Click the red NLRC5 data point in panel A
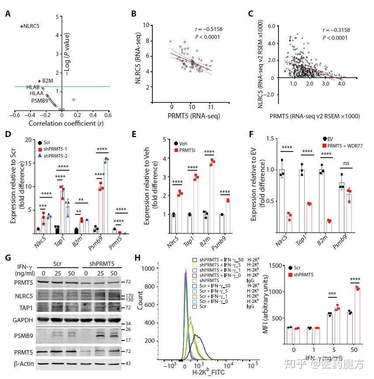[x=21, y=26]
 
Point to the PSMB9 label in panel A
[x=40, y=101]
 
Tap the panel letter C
[x=250, y=14]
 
